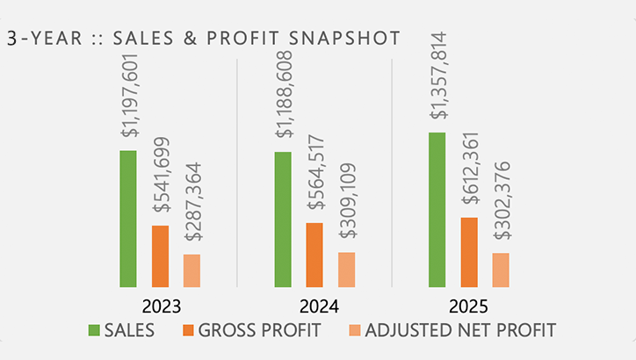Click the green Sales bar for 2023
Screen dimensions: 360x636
coord(128,219)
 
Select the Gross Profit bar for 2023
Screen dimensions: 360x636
coord(160,256)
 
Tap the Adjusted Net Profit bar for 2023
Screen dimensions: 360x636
coord(192,270)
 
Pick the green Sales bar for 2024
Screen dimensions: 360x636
coord(283,220)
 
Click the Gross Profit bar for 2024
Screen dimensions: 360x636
coord(314,255)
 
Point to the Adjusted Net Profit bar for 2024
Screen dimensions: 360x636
coord(346,270)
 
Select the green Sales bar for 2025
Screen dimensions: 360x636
coord(437,210)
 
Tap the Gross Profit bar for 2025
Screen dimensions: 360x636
coord(469,252)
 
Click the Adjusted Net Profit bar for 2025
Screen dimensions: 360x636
coord(501,270)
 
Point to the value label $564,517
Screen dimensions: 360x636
coord(315,173)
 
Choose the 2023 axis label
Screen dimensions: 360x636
coord(160,307)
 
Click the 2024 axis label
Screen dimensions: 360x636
coord(314,307)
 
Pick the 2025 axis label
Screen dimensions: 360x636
coord(469,307)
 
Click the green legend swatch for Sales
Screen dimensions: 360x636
coord(94,330)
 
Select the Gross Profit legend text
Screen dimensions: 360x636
coord(259,330)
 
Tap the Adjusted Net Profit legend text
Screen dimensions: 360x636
coord(460,330)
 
